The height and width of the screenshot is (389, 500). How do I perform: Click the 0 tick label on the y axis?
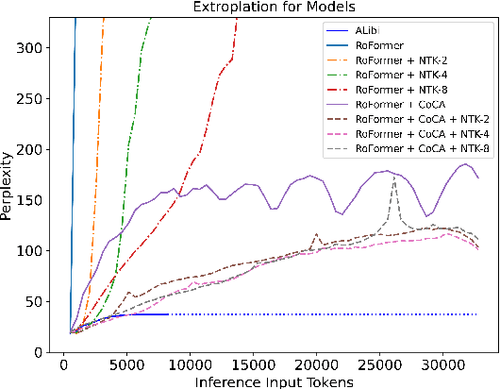[x=47, y=352]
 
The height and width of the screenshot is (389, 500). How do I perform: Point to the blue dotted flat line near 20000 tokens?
[x=316, y=314]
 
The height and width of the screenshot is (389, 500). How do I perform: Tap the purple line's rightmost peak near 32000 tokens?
[x=466, y=164]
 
